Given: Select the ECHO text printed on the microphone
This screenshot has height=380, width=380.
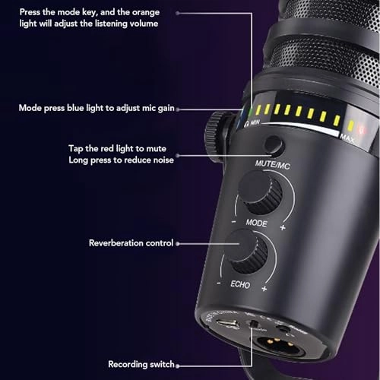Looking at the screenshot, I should coord(241,287).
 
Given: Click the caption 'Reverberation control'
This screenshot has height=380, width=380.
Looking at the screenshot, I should coord(131,243).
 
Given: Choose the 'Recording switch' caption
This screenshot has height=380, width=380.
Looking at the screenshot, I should coord(141,365).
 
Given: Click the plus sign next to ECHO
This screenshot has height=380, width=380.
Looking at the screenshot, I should coord(264,290).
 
